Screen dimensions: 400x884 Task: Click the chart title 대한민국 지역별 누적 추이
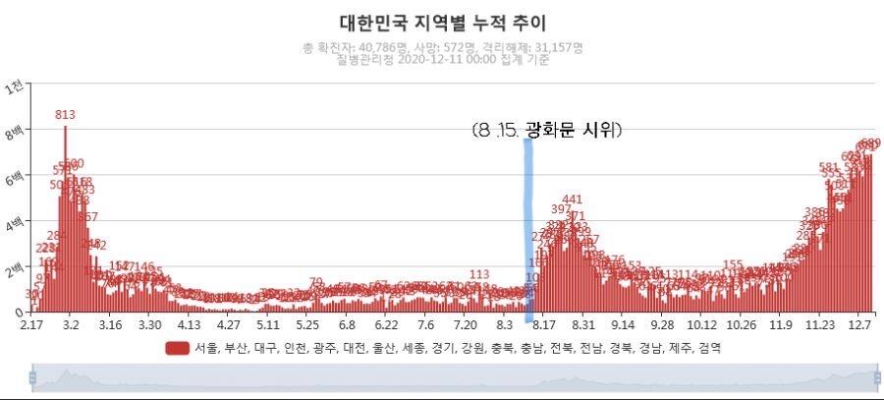[442, 22]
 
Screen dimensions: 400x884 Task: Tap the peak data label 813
[66, 115]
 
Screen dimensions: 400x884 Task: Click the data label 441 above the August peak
[573, 200]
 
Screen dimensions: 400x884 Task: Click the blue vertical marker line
[528, 226]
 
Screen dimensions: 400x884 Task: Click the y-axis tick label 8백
[14, 131]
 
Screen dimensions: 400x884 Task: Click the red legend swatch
[177, 348]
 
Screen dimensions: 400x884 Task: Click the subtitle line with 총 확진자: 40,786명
[443, 47]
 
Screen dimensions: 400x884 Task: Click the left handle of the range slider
[32, 377]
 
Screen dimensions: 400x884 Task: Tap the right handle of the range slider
[877, 377]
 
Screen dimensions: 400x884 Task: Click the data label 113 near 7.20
[479, 274]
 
